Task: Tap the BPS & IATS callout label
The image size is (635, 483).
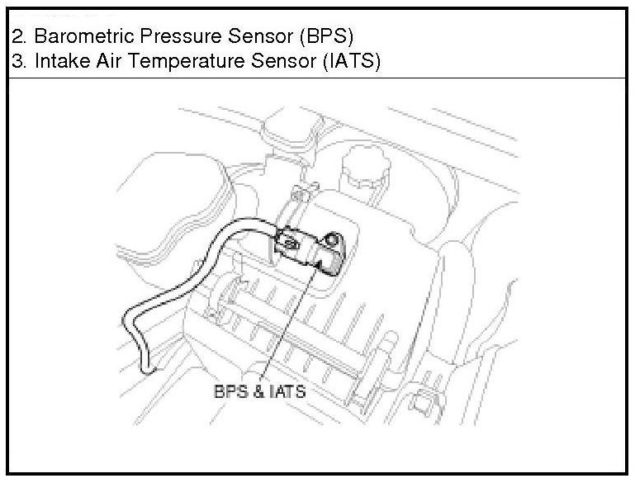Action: pos(259,391)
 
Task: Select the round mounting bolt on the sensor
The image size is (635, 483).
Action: pos(331,240)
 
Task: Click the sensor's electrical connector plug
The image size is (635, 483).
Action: pos(291,241)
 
